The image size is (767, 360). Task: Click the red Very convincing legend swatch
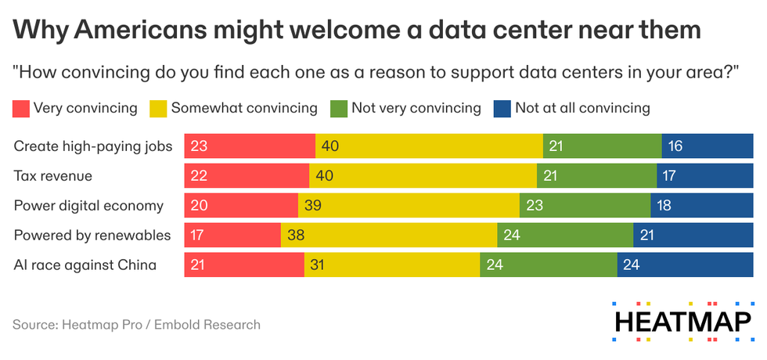[x=21, y=108]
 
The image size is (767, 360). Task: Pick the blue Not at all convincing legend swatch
[x=502, y=108]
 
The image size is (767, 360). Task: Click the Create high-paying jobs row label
[x=92, y=146]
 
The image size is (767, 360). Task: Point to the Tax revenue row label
[x=53, y=176]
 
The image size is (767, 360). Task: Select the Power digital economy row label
[x=88, y=206]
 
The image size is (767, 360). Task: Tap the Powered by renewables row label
[x=92, y=236]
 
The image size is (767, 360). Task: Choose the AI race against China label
[x=85, y=265]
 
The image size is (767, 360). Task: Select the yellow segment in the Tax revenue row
[x=423, y=176]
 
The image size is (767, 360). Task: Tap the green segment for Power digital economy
[x=585, y=206]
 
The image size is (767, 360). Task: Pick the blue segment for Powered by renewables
[x=693, y=236]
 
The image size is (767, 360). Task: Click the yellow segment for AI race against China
[x=391, y=265]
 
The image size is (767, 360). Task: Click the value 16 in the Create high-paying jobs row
[x=675, y=146]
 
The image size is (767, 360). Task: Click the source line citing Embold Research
[x=136, y=324]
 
